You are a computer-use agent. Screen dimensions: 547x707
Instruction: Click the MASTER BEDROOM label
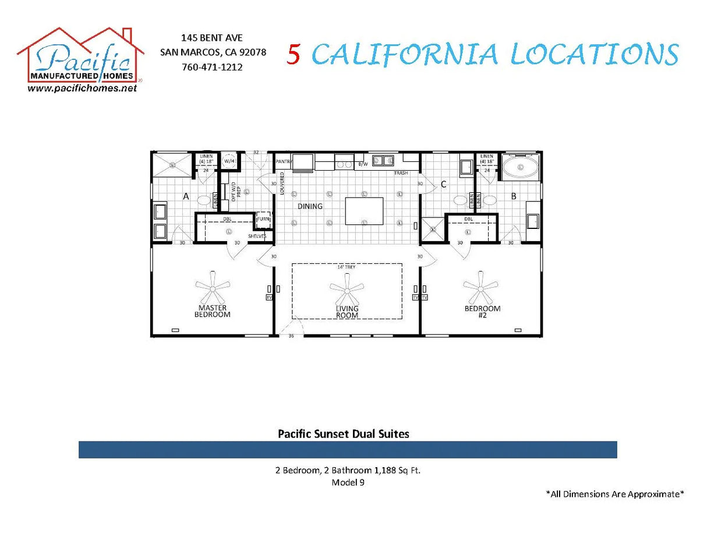coord(212,311)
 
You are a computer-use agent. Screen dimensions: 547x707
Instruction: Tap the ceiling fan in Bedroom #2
coord(482,287)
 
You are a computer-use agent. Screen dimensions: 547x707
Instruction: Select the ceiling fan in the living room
coord(347,288)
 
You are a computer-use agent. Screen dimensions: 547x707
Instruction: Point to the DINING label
coord(310,206)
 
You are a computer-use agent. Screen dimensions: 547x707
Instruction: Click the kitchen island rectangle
coord(364,211)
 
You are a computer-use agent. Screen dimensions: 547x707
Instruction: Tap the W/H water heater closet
coord(229,161)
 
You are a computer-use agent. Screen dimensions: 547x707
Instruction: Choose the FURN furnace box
coord(263,219)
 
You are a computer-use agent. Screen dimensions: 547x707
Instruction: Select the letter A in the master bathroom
coord(186,197)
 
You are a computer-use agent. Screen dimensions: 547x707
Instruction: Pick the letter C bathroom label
coord(443,185)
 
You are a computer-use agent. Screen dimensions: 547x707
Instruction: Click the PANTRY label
coord(284,161)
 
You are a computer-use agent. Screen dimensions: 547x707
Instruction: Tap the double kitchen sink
coord(383,160)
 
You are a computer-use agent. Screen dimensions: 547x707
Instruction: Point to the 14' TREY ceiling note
coord(346,267)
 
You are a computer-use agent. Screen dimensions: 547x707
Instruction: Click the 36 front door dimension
coord(291,336)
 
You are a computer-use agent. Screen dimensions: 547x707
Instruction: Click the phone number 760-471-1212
coord(213,67)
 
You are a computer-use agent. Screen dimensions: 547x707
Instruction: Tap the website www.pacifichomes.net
coord(82,88)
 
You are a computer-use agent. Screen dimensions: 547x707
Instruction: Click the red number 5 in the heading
coord(294,54)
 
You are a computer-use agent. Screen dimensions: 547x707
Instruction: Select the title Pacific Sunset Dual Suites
coord(343,433)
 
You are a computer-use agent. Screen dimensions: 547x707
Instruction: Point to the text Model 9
coord(348,482)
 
